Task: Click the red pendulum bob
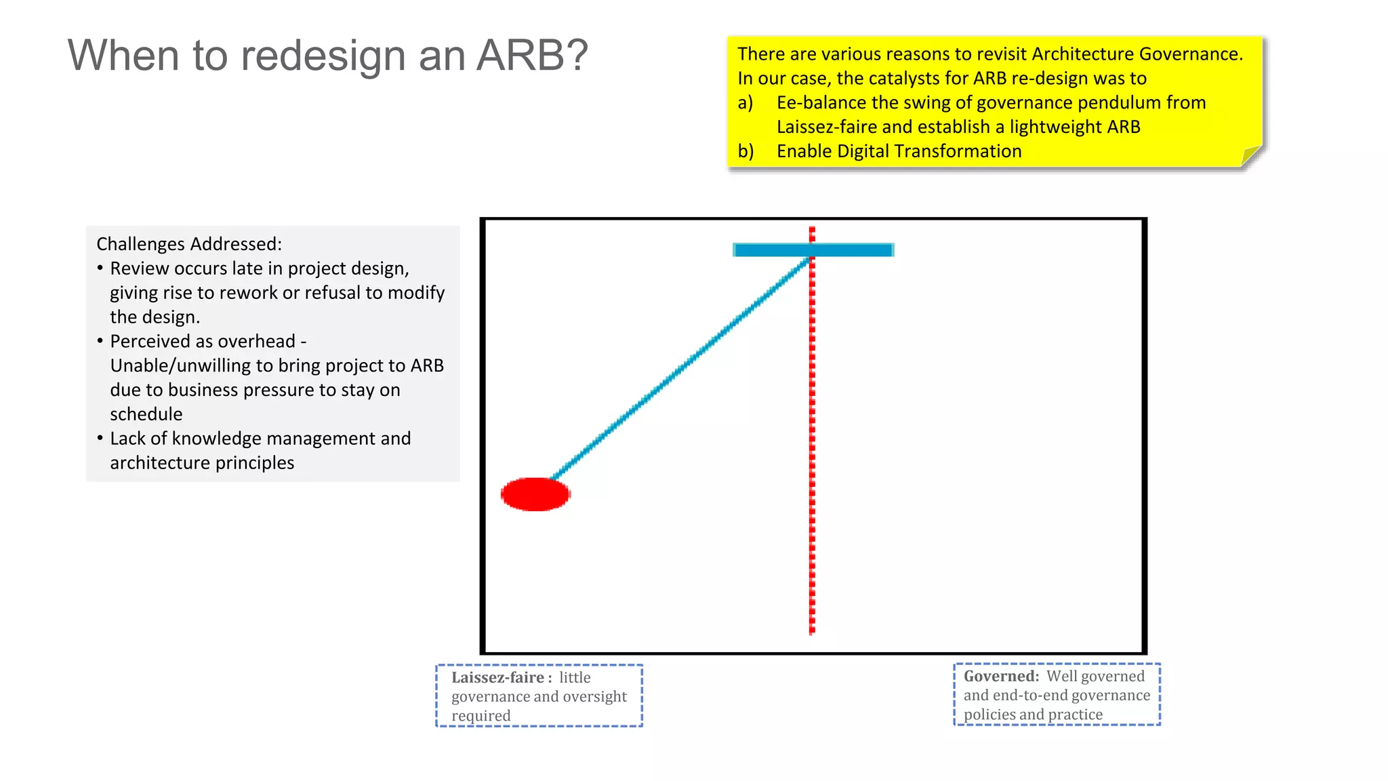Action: [x=535, y=494]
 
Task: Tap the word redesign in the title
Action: [x=323, y=56]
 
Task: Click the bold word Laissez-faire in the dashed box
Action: [x=498, y=677]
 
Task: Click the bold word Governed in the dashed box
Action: [x=1000, y=676]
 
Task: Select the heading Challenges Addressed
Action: [x=189, y=244]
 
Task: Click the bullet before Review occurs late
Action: [x=100, y=268]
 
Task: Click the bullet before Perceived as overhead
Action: [x=100, y=341]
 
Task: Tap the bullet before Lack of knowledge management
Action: [x=100, y=439]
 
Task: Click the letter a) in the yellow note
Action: [x=745, y=103]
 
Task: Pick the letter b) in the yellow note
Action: [x=746, y=151]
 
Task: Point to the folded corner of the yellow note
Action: [x=1250, y=156]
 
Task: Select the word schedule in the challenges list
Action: [x=146, y=414]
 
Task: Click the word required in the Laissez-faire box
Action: [x=481, y=716]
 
